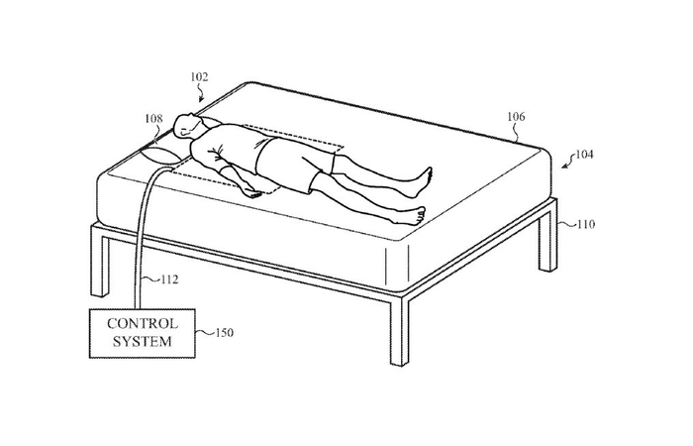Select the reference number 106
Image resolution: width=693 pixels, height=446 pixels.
[x=516, y=116]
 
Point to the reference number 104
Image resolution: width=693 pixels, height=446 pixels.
[x=585, y=155]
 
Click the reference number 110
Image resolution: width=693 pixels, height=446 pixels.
[x=585, y=224]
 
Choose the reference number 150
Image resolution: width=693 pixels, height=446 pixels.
[x=224, y=332]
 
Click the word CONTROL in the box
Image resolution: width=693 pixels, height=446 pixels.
[x=143, y=324]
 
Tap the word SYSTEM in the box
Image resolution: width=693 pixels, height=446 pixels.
[x=143, y=342]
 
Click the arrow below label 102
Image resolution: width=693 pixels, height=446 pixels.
[x=202, y=95]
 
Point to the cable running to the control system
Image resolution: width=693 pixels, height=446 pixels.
[x=144, y=238]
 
